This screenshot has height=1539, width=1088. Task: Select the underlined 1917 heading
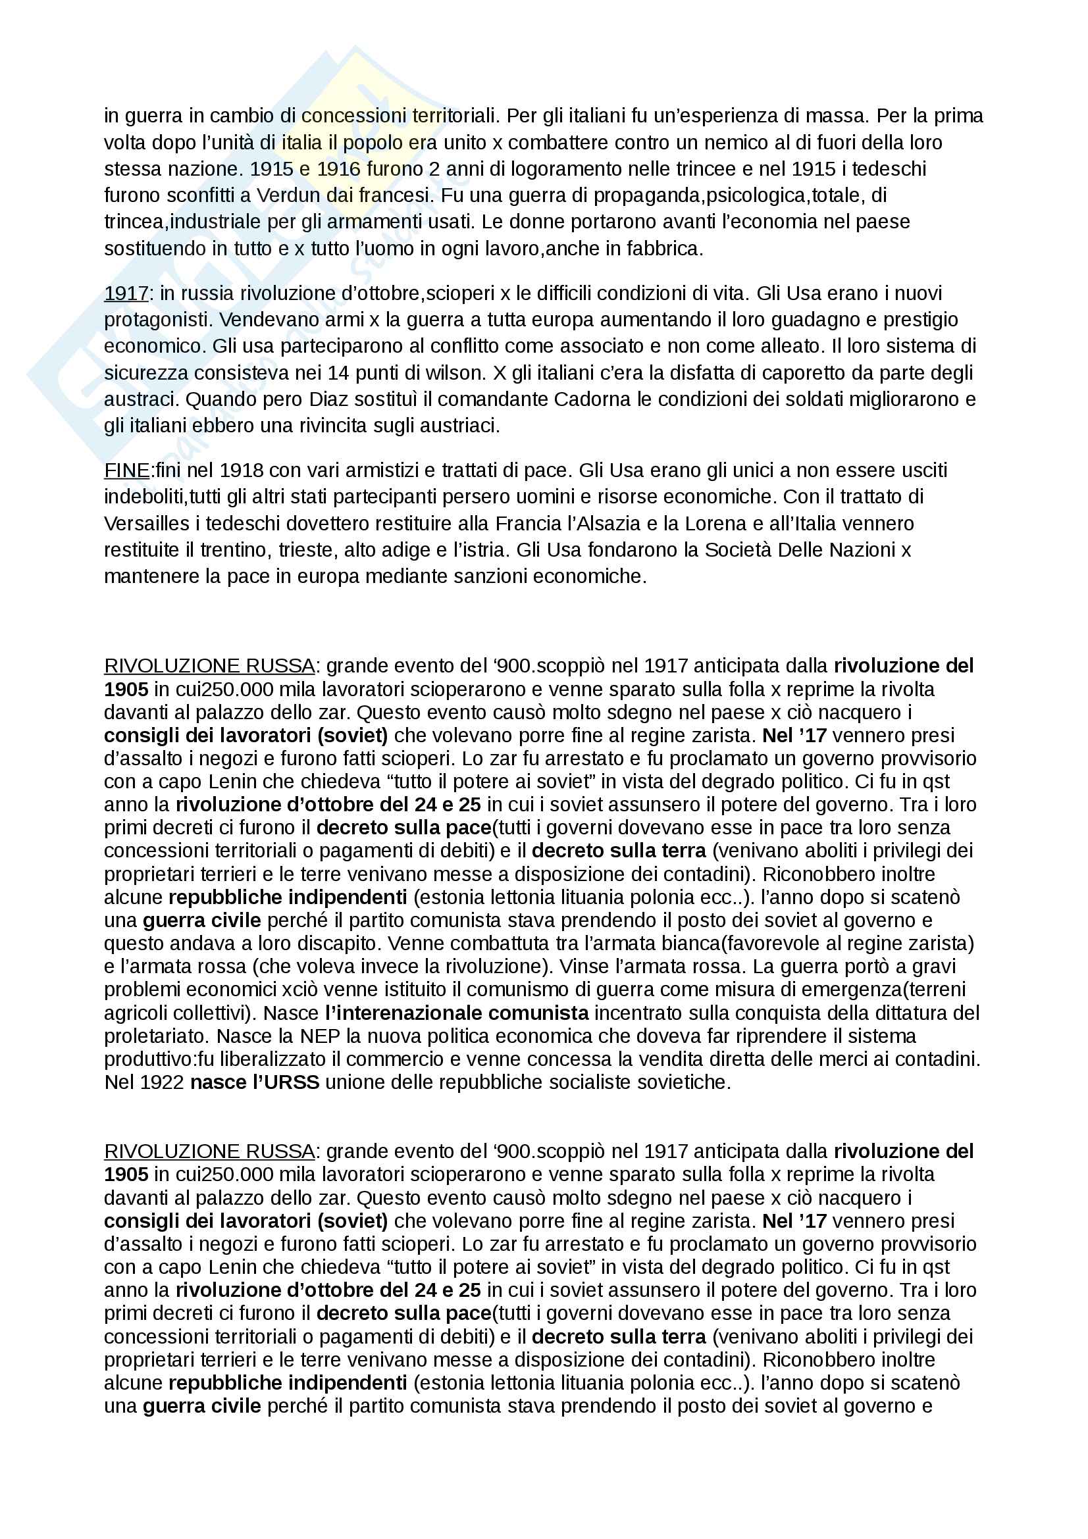pyautogui.click(x=126, y=293)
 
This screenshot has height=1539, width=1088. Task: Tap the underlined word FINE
pyautogui.click(x=126, y=470)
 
